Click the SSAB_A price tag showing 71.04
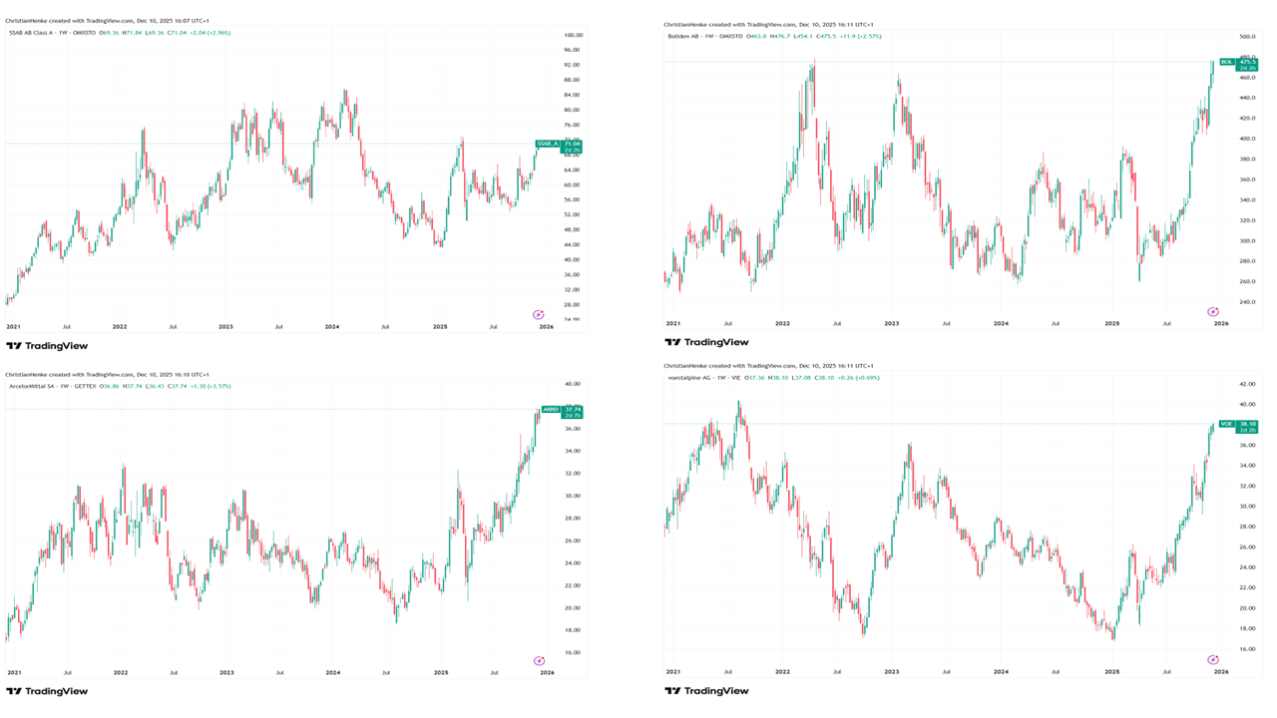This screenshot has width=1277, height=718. point(559,144)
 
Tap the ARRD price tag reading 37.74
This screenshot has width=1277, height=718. point(562,409)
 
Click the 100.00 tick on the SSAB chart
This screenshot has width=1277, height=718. point(573,35)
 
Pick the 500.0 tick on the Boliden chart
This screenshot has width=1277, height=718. point(1245,37)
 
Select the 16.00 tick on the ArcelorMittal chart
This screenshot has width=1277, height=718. point(573,652)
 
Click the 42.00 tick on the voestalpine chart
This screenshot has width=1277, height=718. point(1245,384)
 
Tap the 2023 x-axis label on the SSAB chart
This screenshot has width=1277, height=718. point(226,326)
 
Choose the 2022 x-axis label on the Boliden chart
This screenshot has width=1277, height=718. point(782,323)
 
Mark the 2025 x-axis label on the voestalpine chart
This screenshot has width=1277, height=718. point(1111,672)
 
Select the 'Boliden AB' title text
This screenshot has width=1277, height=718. point(686,36)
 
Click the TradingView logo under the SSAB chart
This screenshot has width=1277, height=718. point(47,346)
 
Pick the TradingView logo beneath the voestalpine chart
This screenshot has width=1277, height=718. point(706,691)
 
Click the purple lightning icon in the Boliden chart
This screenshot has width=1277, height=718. point(1213,312)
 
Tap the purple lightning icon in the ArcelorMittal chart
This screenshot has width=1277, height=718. point(540,660)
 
